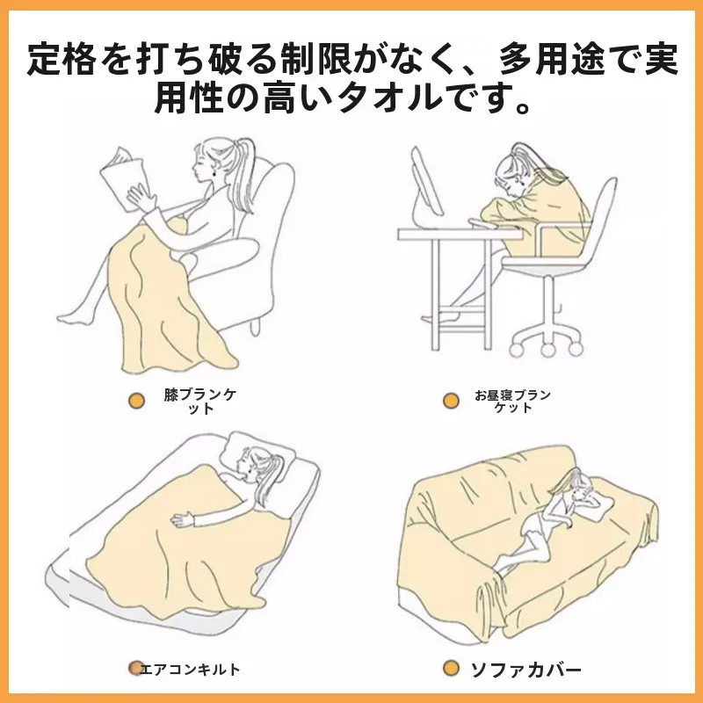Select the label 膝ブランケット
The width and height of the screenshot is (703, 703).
click(x=200, y=402)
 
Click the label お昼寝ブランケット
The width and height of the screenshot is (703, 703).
click(x=513, y=401)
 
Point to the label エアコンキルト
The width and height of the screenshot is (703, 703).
click(x=190, y=670)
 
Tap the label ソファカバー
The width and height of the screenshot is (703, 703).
click(x=525, y=670)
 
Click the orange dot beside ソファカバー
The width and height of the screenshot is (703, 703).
click(x=451, y=669)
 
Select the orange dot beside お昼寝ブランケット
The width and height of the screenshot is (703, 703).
click(x=451, y=401)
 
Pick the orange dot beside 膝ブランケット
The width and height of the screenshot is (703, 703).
click(x=136, y=401)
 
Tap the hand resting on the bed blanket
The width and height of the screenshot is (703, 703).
click(x=183, y=520)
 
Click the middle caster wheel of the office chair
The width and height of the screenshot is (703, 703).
click(x=547, y=348)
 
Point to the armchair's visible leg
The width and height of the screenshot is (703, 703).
click(x=255, y=327)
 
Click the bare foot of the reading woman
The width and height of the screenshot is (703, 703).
click(x=73, y=317)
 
